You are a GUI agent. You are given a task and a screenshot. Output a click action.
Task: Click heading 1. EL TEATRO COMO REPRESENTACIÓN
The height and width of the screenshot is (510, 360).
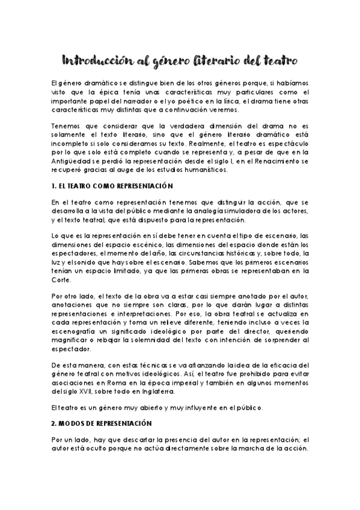click(112, 187)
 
